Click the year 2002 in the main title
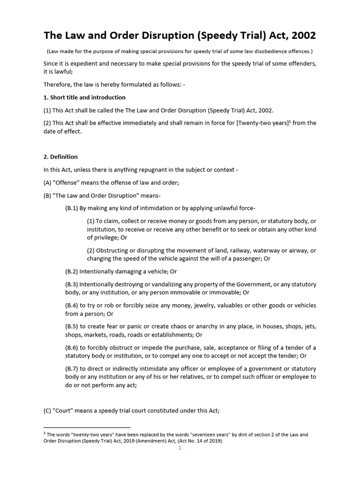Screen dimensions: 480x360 pos(303,36)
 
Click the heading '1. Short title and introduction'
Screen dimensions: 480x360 pos(84,97)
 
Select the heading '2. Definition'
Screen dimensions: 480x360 pos(60,157)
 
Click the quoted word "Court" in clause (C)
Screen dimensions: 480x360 pos(63,411)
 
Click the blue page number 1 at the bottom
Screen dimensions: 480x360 pos(180,448)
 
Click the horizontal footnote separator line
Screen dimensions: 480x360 pos(87,427)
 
